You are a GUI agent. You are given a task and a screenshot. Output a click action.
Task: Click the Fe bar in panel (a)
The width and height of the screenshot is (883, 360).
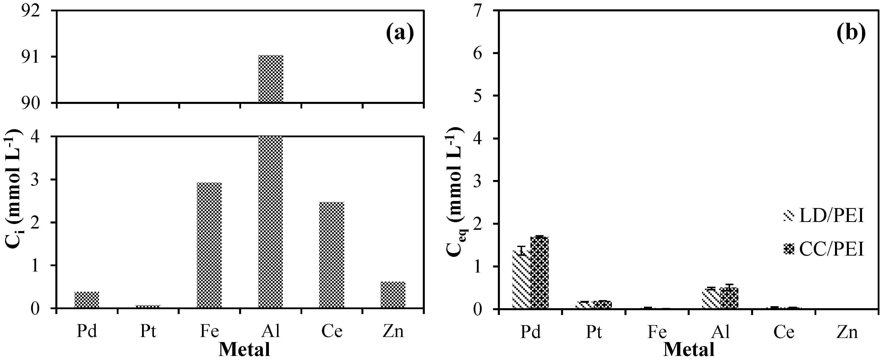point(209,245)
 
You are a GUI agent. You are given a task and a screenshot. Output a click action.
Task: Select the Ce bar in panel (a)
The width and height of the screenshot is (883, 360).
point(332,255)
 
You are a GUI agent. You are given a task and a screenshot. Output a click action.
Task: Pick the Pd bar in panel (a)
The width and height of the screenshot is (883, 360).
point(87,300)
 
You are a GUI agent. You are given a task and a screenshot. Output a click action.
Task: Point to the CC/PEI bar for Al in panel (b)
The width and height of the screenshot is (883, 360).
point(729,298)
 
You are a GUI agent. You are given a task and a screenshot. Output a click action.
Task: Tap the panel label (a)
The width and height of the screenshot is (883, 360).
point(400,34)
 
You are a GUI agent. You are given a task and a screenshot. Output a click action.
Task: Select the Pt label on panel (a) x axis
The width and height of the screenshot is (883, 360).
point(148,331)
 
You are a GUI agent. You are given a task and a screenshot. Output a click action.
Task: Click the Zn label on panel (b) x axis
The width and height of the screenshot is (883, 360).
point(847,332)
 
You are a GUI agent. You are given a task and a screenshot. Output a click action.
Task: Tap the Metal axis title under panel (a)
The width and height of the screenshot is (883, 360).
point(244,350)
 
